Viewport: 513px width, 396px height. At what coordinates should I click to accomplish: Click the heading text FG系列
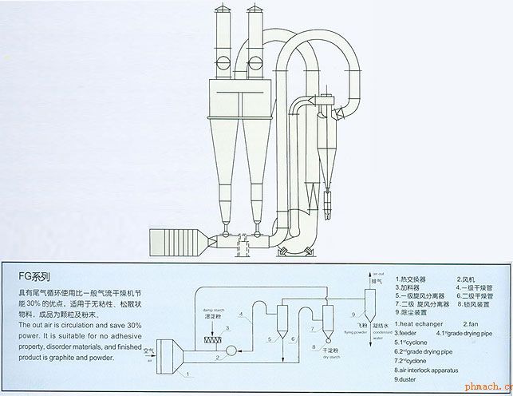coord(34,279)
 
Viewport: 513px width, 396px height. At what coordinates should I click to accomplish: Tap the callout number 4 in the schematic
coord(249,315)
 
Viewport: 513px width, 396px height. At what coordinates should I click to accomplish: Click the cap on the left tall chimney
coord(224,10)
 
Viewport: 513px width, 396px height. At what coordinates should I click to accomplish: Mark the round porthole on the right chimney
coord(256,60)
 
